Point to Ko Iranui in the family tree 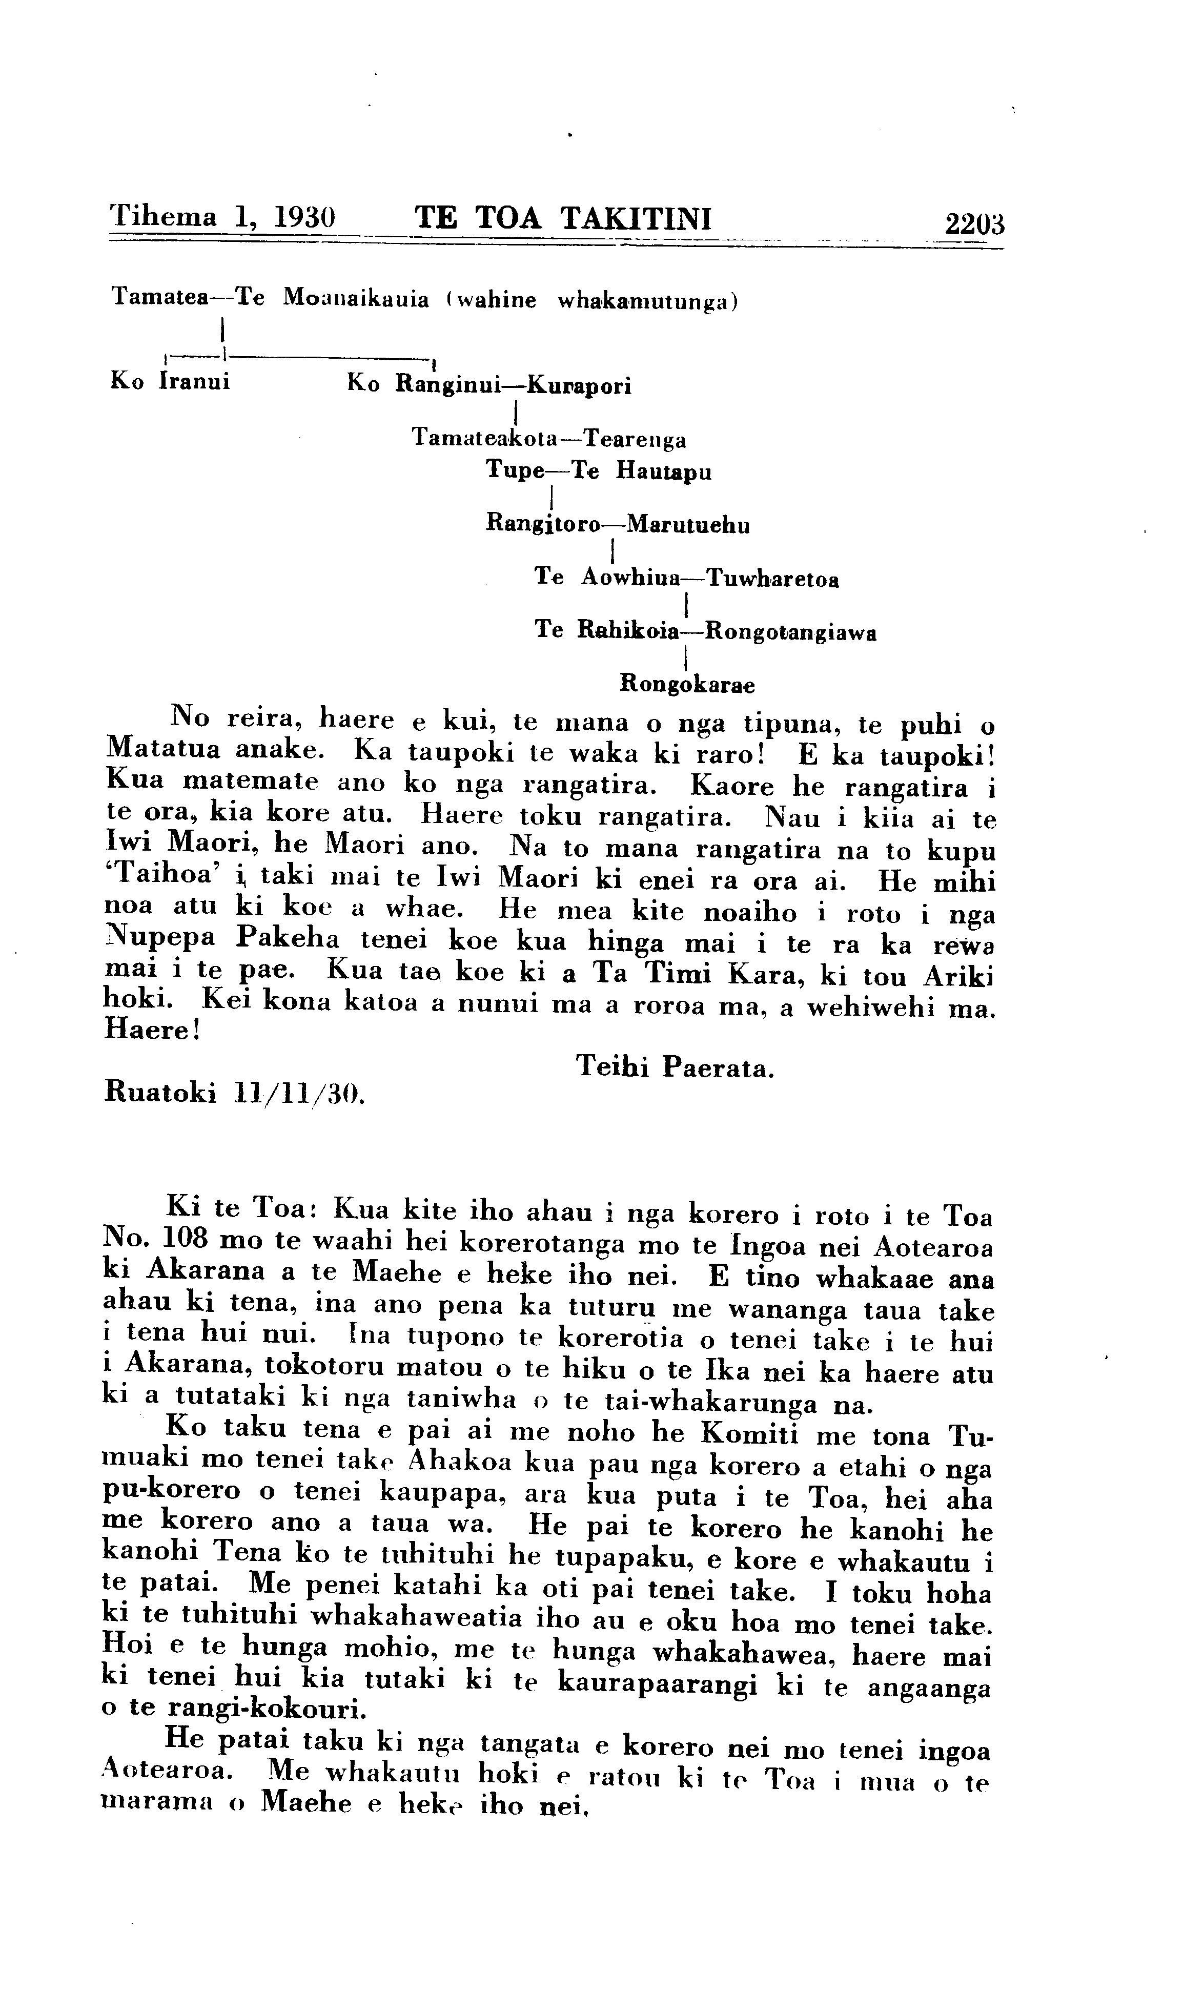pyautogui.click(x=170, y=381)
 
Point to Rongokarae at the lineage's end pyautogui.click(x=687, y=685)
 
